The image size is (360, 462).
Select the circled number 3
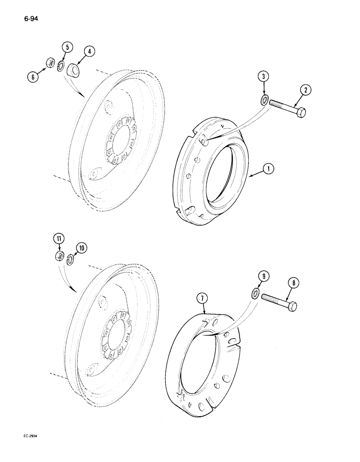click(262, 76)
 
